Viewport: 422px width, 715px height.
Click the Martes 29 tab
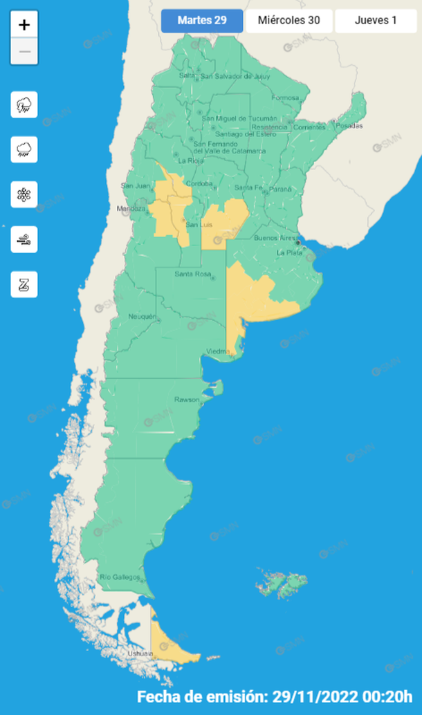(x=202, y=21)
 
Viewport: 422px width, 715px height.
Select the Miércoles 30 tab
(x=289, y=21)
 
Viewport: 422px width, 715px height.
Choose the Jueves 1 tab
(x=376, y=21)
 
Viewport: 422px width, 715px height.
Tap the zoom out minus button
(x=24, y=52)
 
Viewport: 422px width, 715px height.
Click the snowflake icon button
(x=24, y=194)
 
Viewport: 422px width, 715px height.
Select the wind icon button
(x=24, y=239)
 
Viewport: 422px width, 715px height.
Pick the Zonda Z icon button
(x=24, y=284)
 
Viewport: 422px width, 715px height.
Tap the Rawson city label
(x=186, y=400)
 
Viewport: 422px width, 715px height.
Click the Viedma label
(x=217, y=352)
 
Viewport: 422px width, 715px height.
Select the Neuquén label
(x=143, y=317)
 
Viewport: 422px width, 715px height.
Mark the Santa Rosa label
(x=192, y=275)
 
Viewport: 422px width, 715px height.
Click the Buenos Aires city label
(x=274, y=238)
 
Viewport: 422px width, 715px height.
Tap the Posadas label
(x=349, y=126)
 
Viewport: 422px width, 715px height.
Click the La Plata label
(x=290, y=253)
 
